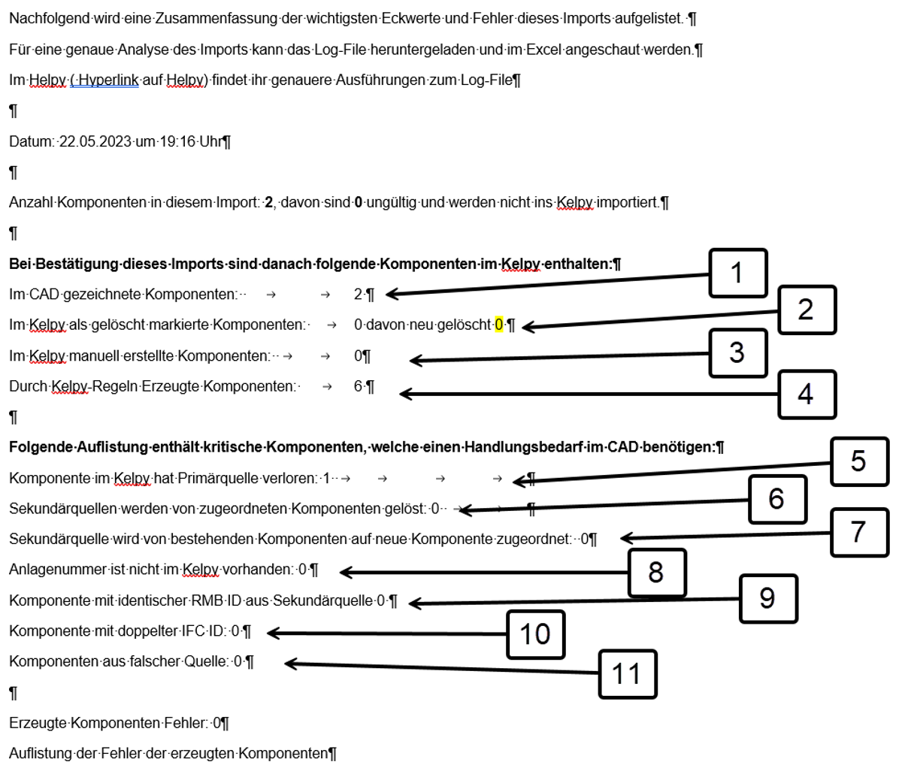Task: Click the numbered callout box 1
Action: [737, 273]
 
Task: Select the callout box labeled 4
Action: [805, 393]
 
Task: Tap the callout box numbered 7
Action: [858, 531]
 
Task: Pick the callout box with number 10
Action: [534, 634]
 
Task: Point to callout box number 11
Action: [627, 673]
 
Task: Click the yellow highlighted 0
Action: [498, 325]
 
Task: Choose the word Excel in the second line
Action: [564, 50]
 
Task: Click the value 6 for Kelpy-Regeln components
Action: [358, 386]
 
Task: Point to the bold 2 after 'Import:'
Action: [268, 203]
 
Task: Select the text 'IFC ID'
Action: [204, 631]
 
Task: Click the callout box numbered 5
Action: [858, 461]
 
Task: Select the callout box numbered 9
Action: [767, 598]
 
